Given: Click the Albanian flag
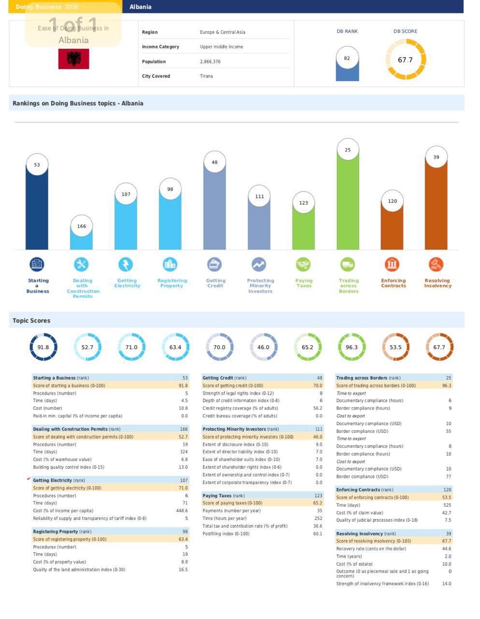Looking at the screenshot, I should [73, 59].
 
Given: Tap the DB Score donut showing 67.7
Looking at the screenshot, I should [406, 59].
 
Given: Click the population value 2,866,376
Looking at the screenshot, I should [210, 62].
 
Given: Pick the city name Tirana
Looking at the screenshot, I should [206, 76].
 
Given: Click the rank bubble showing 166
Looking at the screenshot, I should [81, 226].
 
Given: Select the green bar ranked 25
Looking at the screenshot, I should [348, 203].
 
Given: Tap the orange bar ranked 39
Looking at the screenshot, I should [436, 208].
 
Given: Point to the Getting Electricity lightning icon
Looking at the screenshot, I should [126, 265].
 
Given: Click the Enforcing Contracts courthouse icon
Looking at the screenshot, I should [392, 265].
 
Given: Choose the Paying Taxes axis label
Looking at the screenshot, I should [304, 283].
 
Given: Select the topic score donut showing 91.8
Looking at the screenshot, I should [43, 347].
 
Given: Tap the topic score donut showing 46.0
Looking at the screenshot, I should [263, 347].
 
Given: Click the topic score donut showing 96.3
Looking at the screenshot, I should [351, 347].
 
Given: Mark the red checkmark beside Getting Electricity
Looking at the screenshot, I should [29, 479].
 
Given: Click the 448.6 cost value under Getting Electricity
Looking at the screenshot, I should [182, 511].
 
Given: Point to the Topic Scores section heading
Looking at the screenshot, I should [31, 321].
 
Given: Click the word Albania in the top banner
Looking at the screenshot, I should [140, 7].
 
